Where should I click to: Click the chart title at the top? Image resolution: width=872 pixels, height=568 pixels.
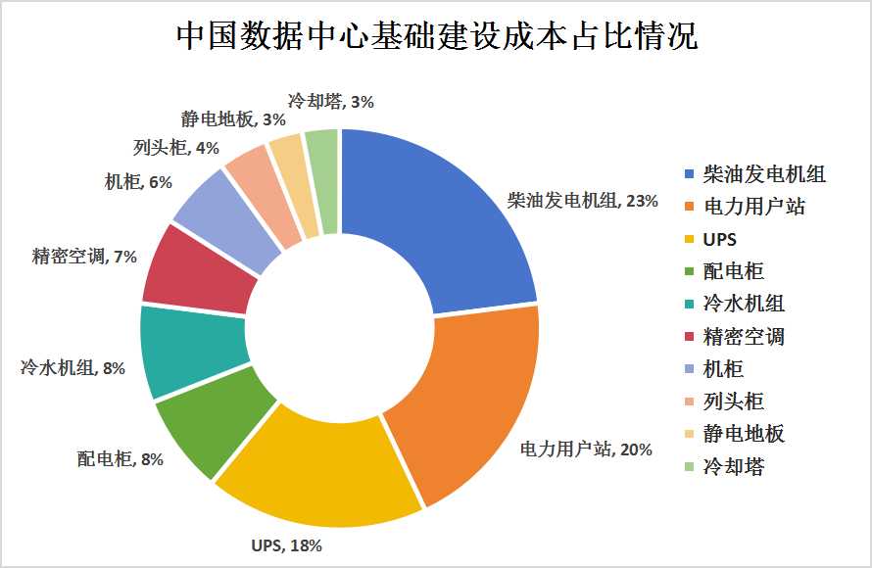coord(436,36)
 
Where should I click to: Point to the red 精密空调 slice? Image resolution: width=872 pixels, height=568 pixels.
coord(191,269)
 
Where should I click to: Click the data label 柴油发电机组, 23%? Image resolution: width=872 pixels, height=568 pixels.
coord(582,201)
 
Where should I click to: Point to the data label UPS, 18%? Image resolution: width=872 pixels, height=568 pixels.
coord(286,544)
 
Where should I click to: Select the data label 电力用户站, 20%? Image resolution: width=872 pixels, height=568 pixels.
coord(585,450)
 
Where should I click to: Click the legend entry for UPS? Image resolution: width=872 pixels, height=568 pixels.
coord(719,239)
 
